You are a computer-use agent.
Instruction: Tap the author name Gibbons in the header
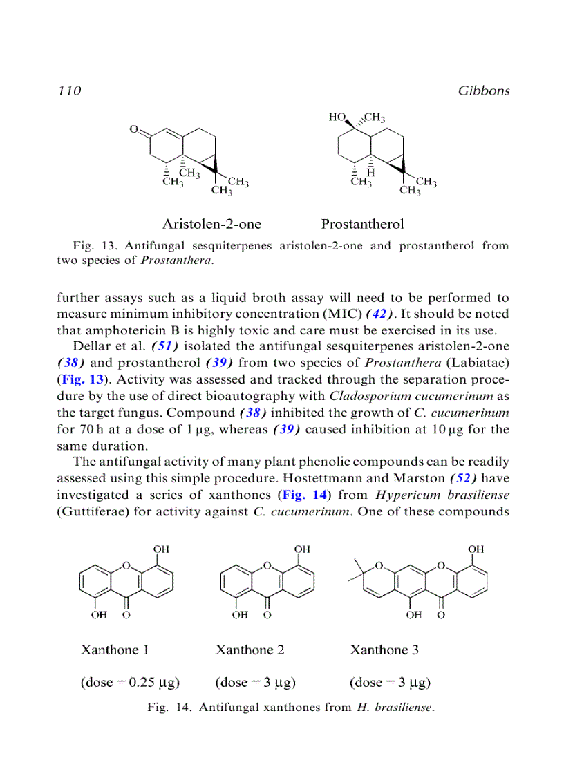click(x=483, y=91)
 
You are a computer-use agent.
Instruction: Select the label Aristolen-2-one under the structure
click(x=211, y=224)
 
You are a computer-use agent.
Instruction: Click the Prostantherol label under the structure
click(x=362, y=224)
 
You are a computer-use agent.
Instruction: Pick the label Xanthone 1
click(x=115, y=650)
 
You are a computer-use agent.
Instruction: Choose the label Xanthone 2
click(x=250, y=650)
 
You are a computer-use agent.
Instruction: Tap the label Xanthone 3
click(x=384, y=650)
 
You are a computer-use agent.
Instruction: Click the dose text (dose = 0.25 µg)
click(x=130, y=683)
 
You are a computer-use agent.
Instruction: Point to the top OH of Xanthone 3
click(x=476, y=549)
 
